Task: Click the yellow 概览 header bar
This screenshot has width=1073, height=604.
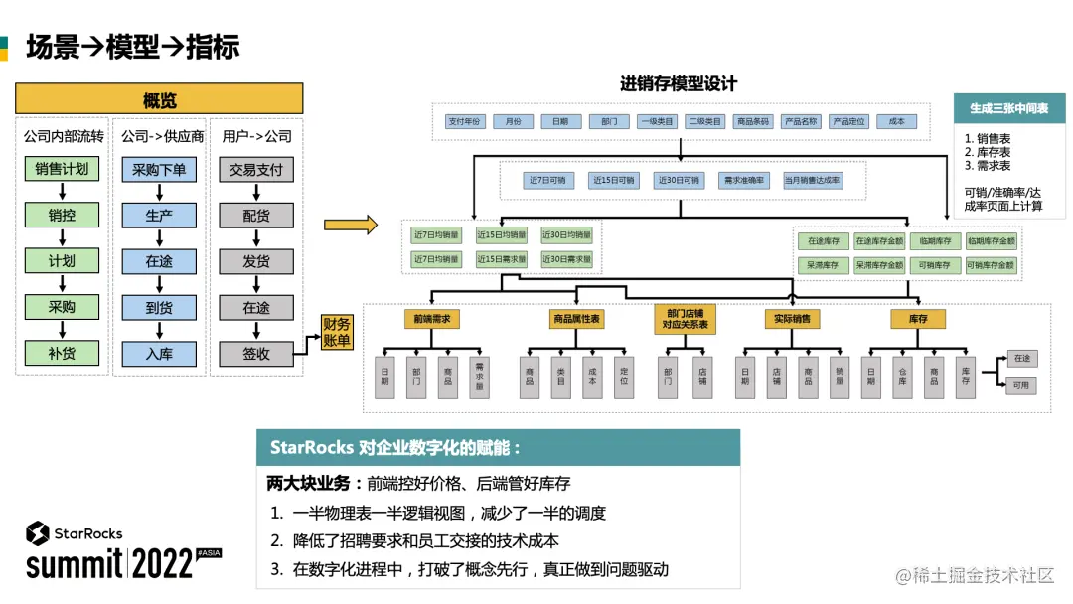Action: [x=159, y=99]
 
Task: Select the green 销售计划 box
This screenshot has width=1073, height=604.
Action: [x=62, y=169]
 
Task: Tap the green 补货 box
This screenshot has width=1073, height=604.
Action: [x=62, y=353]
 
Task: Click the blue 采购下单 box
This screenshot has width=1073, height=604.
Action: [x=159, y=170]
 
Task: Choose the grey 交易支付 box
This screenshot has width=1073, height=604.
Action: [x=256, y=170]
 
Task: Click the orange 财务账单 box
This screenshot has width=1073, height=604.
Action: [x=337, y=333]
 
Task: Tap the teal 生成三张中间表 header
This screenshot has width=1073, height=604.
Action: [x=1008, y=108]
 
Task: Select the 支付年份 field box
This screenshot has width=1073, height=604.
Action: [x=464, y=121]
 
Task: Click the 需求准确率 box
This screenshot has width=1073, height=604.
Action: [x=744, y=181]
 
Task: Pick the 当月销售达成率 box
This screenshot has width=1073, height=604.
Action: [x=812, y=181]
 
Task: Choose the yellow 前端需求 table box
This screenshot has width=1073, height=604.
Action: [x=432, y=319]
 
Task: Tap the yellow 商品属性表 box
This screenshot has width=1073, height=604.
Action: [x=576, y=319]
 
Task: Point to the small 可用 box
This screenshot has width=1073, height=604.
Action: [x=1021, y=385]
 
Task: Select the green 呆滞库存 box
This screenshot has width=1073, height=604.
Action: [x=823, y=265]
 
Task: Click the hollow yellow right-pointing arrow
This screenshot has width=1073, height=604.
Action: [x=351, y=225]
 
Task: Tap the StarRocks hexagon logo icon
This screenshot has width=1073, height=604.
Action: [x=38, y=533]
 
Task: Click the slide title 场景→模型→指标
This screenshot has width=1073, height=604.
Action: [x=132, y=47]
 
